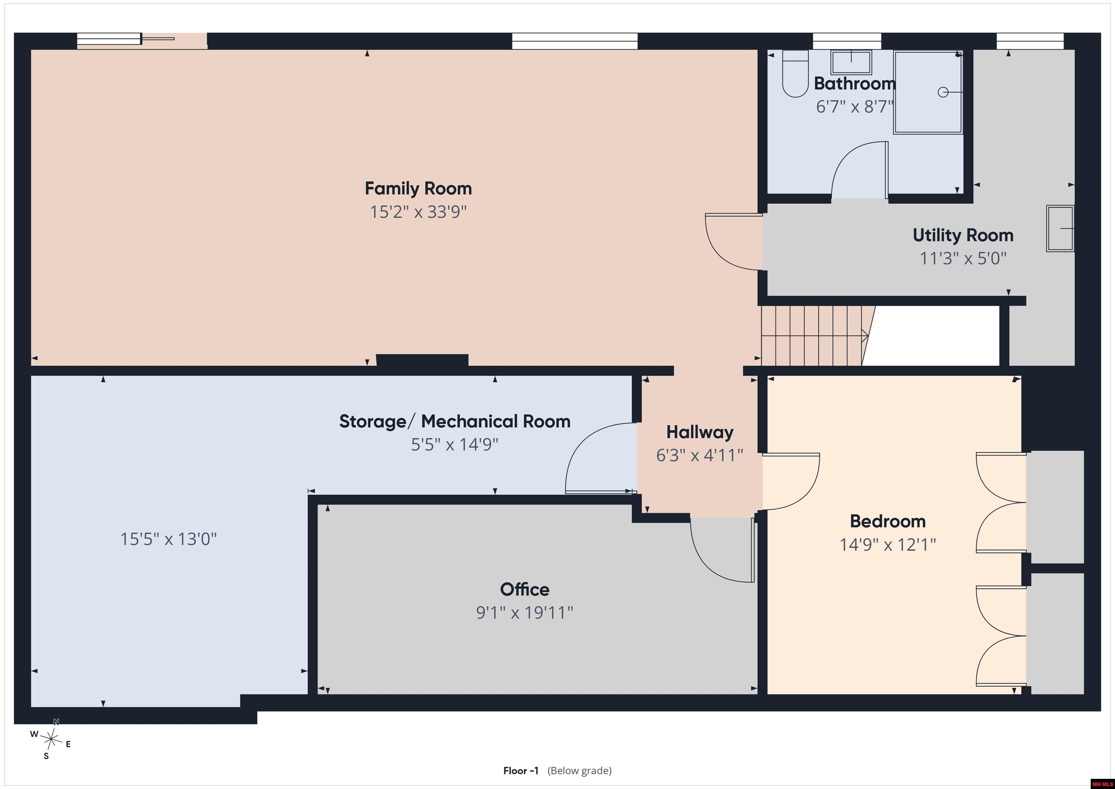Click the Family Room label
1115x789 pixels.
point(418,188)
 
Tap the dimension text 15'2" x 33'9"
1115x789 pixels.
point(418,212)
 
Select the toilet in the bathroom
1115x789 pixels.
point(795,73)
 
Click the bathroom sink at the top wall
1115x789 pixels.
point(851,62)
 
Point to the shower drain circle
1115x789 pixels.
point(943,92)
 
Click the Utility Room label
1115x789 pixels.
point(963,235)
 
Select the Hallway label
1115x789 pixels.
point(700,432)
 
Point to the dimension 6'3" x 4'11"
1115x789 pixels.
point(700,455)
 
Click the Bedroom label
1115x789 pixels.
point(888,521)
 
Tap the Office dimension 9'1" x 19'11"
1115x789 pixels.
point(524,613)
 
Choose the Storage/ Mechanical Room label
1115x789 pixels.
point(454,421)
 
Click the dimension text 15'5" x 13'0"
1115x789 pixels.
point(168,539)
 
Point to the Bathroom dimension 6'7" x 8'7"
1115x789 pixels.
point(855,107)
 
